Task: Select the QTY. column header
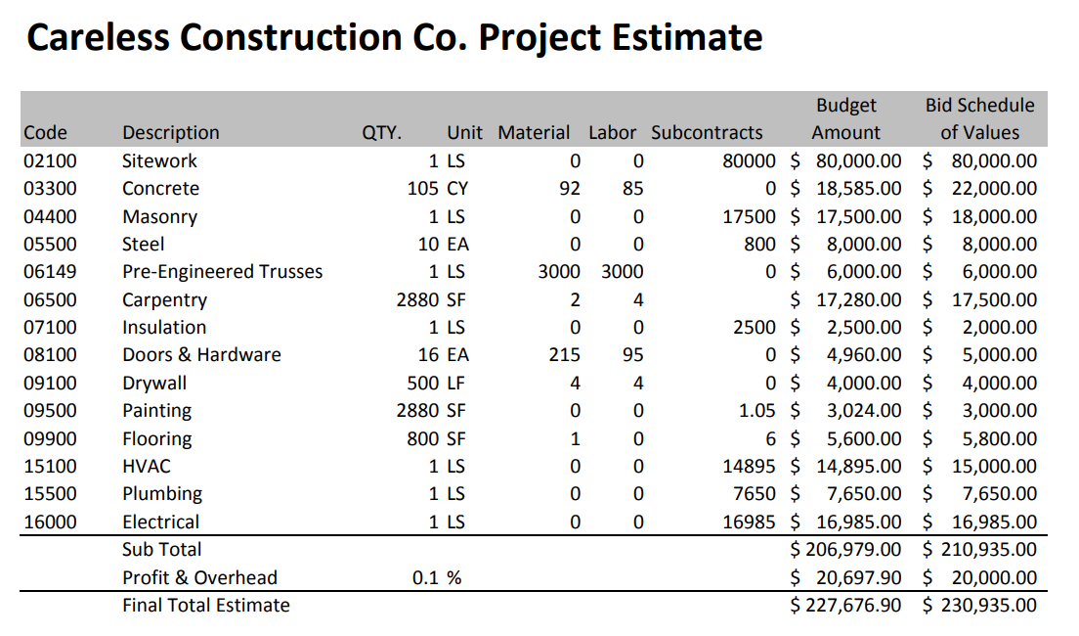[x=382, y=133]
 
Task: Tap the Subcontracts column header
[x=707, y=133]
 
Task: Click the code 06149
[x=50, y=272]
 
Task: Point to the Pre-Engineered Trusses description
[x=222, y=272]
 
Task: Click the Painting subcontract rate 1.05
[x=756, y=411]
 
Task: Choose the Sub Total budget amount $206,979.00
[x=846, y=550]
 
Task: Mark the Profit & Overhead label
[x=199, y=578]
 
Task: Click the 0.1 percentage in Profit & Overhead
[x=425, y=578]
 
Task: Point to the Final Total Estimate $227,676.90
[x=846, y=606]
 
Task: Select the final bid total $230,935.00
[x=980, y=606]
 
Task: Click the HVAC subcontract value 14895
[x=749, y=467]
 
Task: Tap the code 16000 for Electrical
[x=50, y=522]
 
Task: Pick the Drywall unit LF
[x=455, y=384]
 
